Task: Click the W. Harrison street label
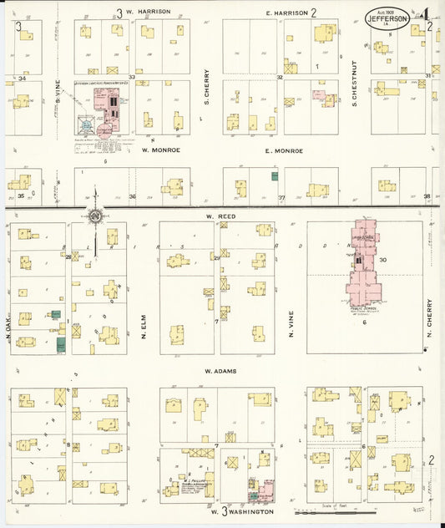coord(149,12)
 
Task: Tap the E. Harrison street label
coord(286,13)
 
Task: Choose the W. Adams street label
coord(220,370)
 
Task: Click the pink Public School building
coord(364,262)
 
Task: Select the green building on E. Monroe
coord(274,176)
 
